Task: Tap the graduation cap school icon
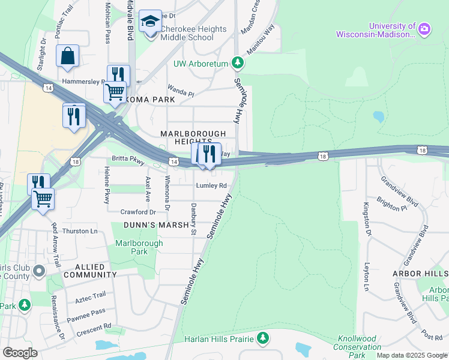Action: click(x=149, y=23)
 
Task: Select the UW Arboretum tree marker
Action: click(x=238, y=62)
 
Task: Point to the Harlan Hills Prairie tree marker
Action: click(x=262, y=339)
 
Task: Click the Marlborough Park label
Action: click(x=139, y=247)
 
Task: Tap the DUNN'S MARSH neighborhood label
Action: click(x=152, y=225)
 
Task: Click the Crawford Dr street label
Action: click(x=138, y=212)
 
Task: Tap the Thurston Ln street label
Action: click(x=80, y=231)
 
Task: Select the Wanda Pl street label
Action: click(x=181, y=94)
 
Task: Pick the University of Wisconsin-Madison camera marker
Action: click(x=424, y=29)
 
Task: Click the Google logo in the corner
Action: click(x=20, y=353)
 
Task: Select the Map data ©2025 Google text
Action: click(x=412, y=355)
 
